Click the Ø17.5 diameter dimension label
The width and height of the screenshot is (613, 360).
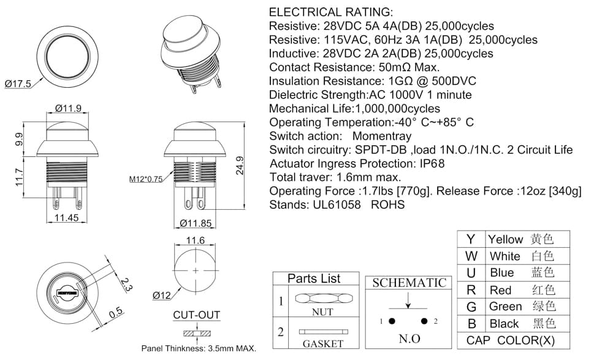(x=18, y=84)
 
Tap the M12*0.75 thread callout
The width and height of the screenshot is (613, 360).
(x=146, y=179)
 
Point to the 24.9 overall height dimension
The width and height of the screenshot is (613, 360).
(x=240, y=166)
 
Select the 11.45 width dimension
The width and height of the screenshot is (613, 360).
(x=66, y=218)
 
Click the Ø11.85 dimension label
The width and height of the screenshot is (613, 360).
(x=196, y=223)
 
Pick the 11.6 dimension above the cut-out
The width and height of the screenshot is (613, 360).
(x=195, y=240)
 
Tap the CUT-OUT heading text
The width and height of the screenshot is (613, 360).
(x=196, y=315)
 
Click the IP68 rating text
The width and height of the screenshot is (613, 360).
(x=432, y=164)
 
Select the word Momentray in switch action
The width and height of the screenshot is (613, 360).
(x=382, y=136)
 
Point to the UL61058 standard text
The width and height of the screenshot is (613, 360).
(x=337, y=205)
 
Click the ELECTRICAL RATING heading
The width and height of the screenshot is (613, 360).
(x=331, y=12)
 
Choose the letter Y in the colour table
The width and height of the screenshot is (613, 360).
(x=471, y=239)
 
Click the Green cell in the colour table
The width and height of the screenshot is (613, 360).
(x=506, y=307)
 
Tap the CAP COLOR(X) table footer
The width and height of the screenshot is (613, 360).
(x=511, y=340)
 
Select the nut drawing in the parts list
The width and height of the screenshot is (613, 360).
(x=324, y=299)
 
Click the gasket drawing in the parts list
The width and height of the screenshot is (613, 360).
(x=323, y=332)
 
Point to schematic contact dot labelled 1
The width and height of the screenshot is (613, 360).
(x=392, y=321)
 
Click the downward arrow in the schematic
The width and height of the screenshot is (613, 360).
(x=408, y=301)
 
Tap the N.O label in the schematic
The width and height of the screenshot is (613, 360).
(x=409, y=339)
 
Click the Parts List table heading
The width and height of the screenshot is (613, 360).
(x=314, y=278)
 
